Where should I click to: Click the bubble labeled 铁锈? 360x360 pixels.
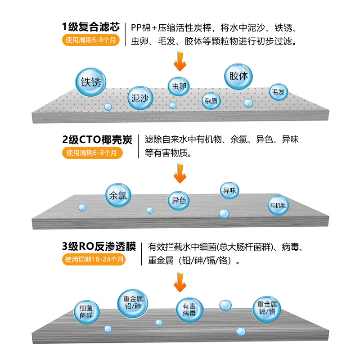(91, 82)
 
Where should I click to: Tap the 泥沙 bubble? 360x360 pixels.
(140, 98)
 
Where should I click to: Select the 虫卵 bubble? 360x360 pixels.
(179, 86)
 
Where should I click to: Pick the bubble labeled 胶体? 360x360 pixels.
(238, 76)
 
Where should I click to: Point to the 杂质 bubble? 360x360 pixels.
(211, 100)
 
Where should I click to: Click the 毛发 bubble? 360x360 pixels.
(278, 92)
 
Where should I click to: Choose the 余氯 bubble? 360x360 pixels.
(118, 195)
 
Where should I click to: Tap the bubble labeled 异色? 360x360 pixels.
(179, 200)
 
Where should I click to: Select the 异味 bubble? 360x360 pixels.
(229, 190)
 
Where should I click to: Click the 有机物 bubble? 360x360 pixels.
(278, 205)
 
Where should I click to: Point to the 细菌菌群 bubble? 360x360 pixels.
(86, 312)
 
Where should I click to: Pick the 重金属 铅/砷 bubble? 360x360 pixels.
(132, 303)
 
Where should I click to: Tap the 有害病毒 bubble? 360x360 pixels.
(189, 310)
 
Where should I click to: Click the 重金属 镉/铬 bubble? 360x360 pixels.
(267, 309)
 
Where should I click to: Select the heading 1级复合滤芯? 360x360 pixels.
(91, 27)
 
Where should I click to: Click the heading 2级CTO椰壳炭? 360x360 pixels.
(97, 139)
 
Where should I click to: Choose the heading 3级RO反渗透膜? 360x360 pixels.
(99, 246)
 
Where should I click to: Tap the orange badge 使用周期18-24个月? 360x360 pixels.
(94, 260)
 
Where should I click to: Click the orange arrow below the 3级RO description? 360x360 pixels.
(180, 282)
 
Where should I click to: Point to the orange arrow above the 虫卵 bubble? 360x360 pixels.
(180, 61)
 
